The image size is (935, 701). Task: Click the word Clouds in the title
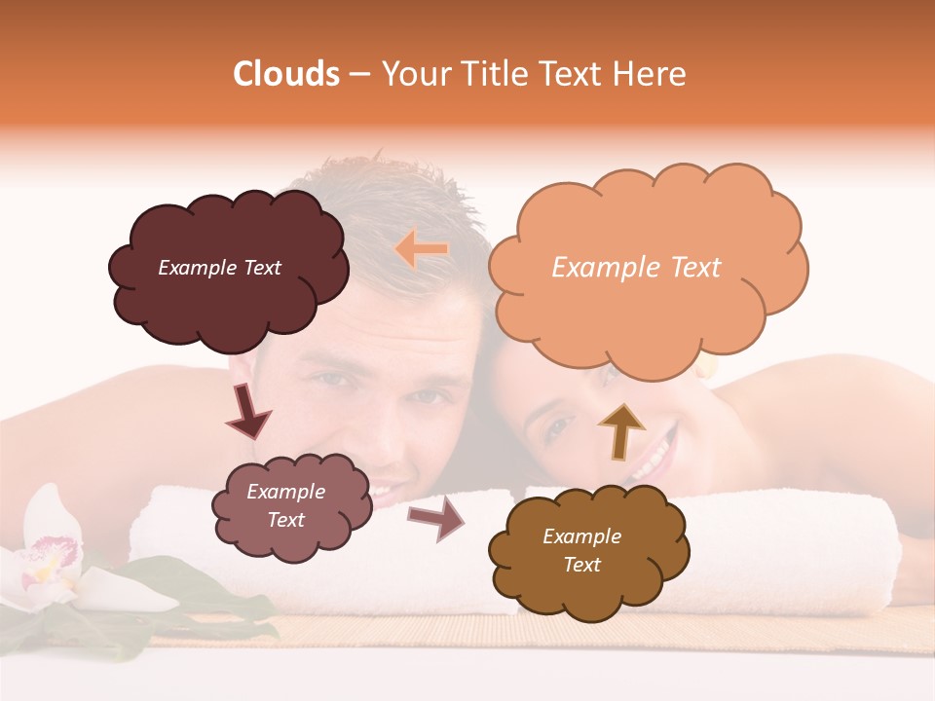[286, 74]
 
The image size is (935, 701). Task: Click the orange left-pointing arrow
[421, 249]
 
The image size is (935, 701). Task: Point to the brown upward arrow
[620, 431]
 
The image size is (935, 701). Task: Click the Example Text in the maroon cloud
[219, 268]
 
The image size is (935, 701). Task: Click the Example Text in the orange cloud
[636, 268]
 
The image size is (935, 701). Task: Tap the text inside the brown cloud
[581, 550]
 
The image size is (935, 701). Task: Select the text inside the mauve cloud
[285, 505]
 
